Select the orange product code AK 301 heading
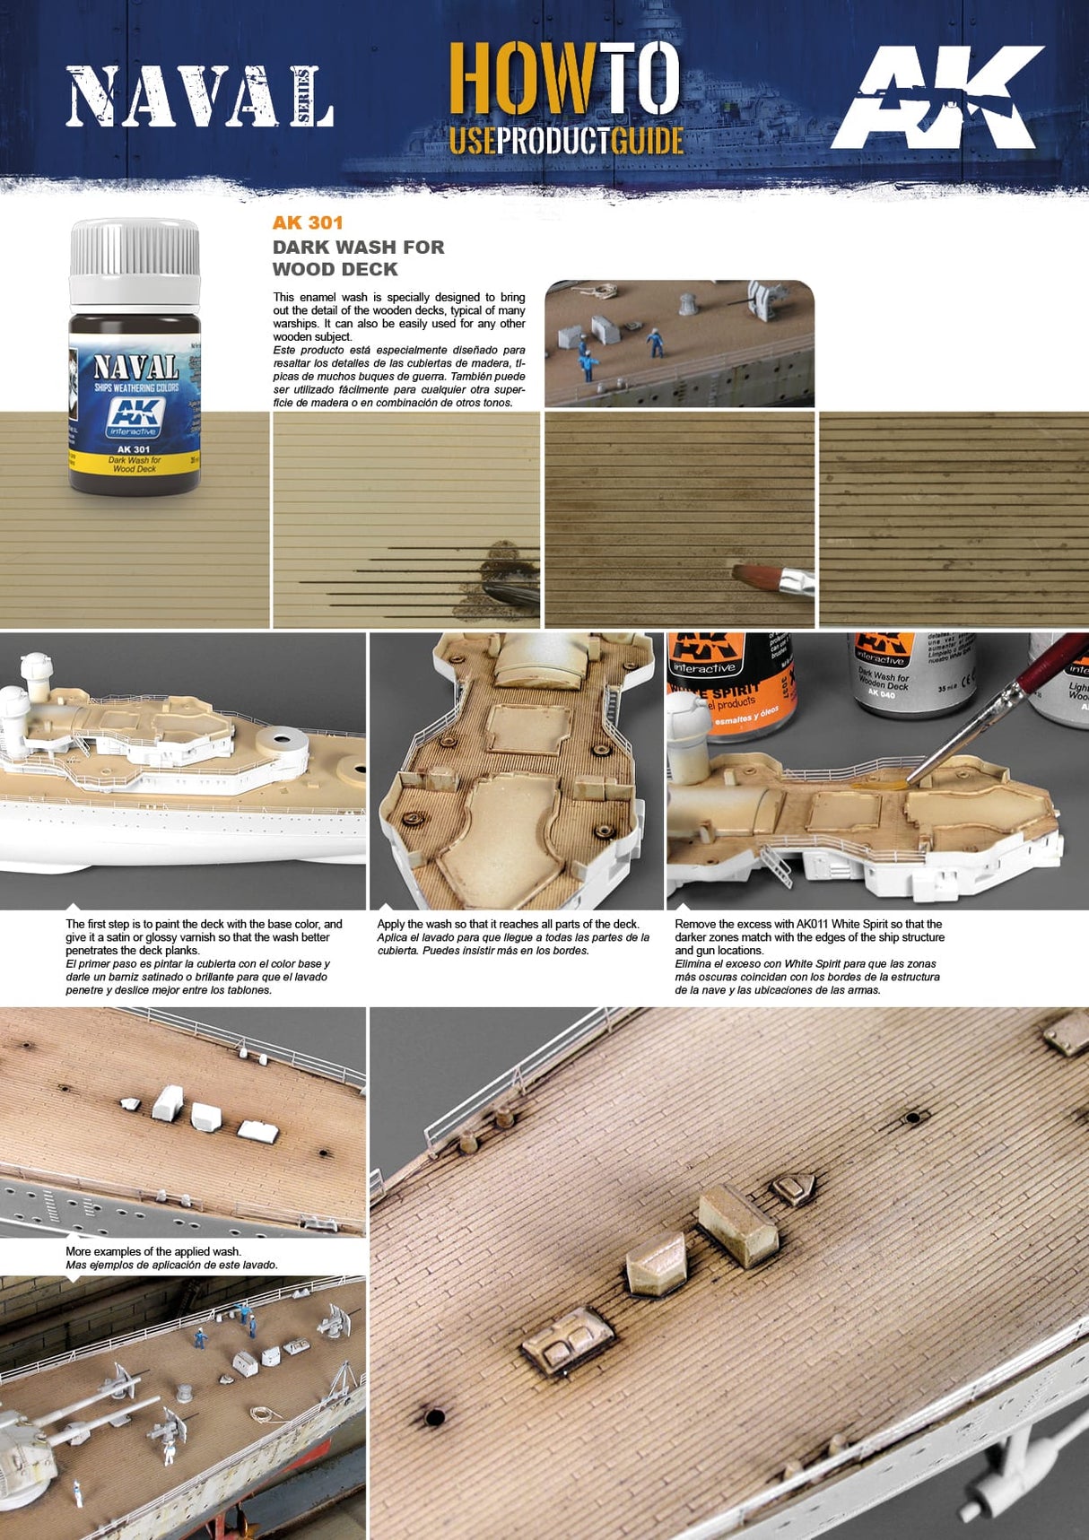(308, 223)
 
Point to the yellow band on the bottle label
(135, 463)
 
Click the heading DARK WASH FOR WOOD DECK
(358, 258)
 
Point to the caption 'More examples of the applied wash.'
(153, 1251)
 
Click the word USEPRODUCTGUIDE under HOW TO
(566, 141)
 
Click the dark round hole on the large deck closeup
(434, 1418)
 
